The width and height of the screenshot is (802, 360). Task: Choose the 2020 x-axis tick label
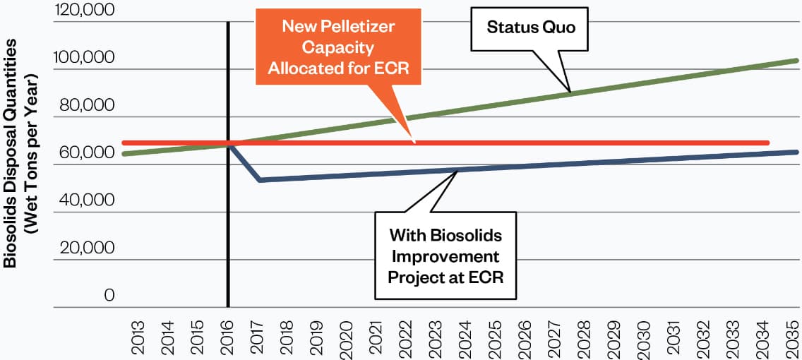(x=347, y=337)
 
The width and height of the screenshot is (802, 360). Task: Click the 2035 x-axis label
(x=794, y=337)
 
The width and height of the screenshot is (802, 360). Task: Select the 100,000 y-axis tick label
(x=84, y=58)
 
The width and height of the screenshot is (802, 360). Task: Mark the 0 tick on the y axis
(x=109, y=296)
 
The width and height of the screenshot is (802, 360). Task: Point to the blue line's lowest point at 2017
(x=260, y=180)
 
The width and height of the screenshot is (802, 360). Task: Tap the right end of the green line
(x=796, y=61)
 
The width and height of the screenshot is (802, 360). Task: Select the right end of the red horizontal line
(x=767, y=143)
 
